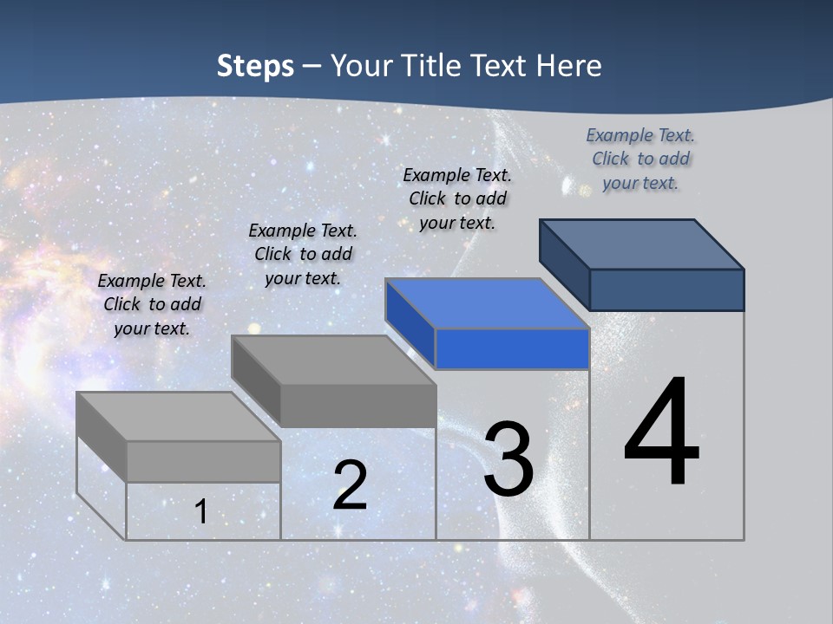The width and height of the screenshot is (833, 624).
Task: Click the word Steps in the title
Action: point(255,66)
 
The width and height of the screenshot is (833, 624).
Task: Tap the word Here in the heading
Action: point(569,66)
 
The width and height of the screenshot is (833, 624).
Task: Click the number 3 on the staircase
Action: point(508,459)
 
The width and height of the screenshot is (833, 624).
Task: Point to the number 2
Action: point(351,485)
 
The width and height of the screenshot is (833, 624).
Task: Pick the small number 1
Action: point(201,511)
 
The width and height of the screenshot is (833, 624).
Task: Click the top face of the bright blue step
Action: point(486,303)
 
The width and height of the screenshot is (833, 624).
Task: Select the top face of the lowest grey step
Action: point(178,416)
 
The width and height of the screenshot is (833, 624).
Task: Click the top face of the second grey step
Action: point(332,360)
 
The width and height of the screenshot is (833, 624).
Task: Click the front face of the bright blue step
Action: point(512,349)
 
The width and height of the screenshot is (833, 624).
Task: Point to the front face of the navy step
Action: point(666,289)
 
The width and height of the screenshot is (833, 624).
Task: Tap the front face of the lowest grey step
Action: point(203,461)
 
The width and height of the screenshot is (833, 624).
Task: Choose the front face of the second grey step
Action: point(357,406)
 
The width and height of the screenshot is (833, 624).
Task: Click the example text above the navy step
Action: point(640,159)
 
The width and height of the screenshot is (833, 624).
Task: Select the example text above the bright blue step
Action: point(457,198)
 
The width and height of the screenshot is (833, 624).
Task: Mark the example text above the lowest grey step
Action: point(152,304)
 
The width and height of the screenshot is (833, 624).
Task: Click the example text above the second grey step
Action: point(303,254)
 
